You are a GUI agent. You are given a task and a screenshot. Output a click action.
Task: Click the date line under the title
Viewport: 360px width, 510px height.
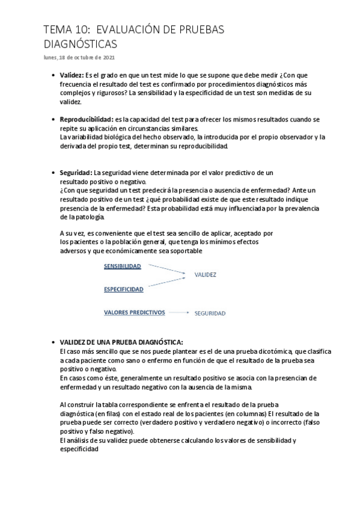79,57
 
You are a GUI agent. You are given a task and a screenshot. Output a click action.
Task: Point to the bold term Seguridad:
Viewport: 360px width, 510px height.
75,173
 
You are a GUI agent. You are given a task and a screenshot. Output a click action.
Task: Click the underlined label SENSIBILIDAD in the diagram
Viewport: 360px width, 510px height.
122,266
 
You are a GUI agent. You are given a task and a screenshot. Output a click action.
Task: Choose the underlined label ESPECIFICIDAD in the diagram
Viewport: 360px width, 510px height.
123,289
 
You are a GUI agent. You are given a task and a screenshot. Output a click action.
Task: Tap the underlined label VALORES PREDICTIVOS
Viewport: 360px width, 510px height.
134,313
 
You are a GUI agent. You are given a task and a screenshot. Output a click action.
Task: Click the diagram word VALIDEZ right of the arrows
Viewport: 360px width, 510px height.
205,275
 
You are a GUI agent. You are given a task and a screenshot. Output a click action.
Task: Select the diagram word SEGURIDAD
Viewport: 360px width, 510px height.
209,313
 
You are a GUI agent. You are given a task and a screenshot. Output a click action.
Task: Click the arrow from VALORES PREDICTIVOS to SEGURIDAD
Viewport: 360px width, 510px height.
178,313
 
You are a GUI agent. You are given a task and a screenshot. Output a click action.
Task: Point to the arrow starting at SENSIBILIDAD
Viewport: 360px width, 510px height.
163,270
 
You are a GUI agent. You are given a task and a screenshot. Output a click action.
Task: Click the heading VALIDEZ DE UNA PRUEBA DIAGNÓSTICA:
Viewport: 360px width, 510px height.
121,342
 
